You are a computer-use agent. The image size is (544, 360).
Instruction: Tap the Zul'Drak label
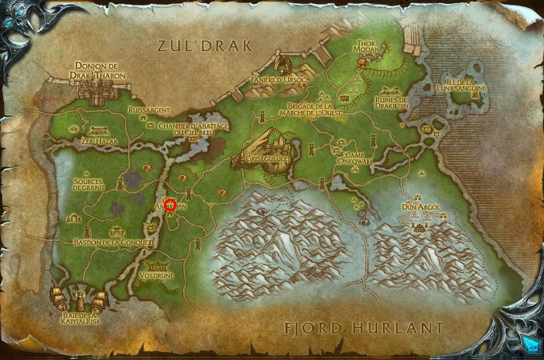[205, 46]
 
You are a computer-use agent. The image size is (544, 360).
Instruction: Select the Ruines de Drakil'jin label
[391, 102]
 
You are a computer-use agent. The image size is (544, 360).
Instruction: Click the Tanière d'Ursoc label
[272, 80]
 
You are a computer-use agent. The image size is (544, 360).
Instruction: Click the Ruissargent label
[149, 110]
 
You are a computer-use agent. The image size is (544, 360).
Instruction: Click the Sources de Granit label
[89, 184]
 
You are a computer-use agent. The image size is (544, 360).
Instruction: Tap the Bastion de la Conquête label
[114, 242]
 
